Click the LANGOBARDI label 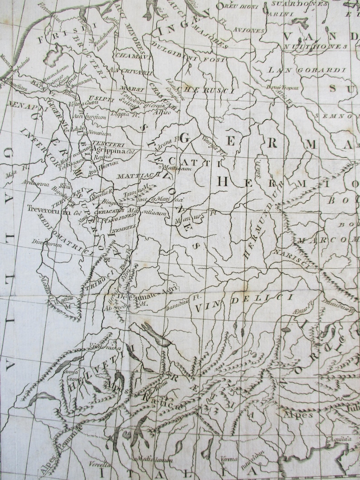[x=307, y=70]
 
